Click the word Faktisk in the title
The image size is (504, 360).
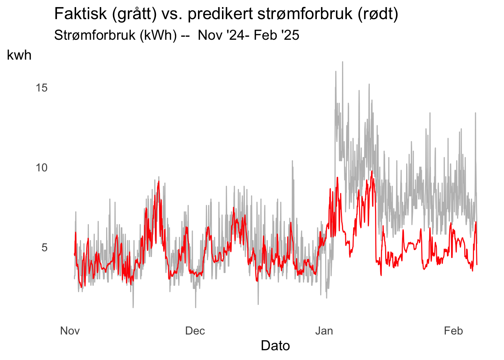[x=80, y=14]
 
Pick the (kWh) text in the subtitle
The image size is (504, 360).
[x=158, y=35]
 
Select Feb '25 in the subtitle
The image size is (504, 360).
[x=276, y=35]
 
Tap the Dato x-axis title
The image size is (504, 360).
[x=275, y=345]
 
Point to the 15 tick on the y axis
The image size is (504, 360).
[x=42, y=88]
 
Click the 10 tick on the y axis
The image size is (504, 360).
[x=42, y=168]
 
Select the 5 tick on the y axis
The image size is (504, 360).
[x=45, y=247]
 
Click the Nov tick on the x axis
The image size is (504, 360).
[x=70, y=331]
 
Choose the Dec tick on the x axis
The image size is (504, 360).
[x=195, y=331]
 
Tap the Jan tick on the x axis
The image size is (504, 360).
[x=324, y=331]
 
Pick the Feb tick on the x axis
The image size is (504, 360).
[x=453, y=331]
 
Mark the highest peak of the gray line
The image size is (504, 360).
[x=343, y=61]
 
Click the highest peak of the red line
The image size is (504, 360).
[x=372, y=171]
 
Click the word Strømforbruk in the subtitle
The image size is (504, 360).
[x=95, y=35]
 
